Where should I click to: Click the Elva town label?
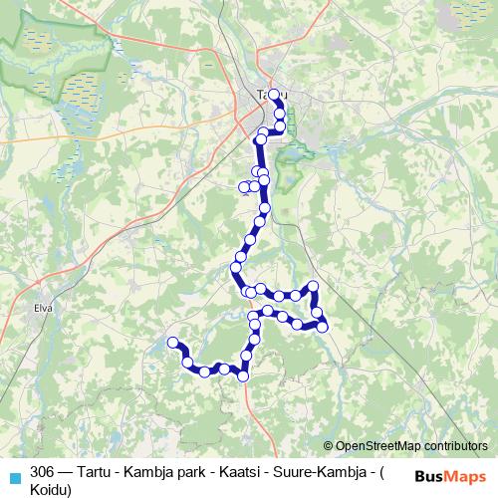(42, 308)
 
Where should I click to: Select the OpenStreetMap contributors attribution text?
(411, 446)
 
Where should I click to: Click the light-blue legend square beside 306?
(14, 476)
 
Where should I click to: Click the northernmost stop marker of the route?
(275, 95)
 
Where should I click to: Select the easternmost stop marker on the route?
(322, 327)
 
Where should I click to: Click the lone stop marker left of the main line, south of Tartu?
(245, 186)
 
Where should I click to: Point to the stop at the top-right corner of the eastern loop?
(314, 287)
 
